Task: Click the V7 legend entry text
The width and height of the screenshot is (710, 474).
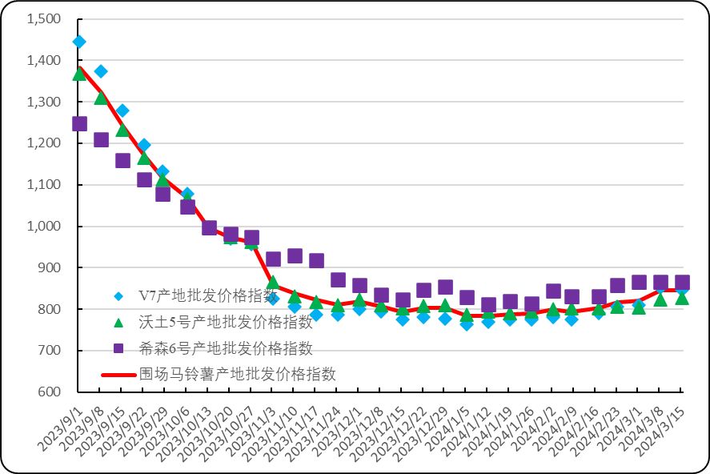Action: click(207, 295)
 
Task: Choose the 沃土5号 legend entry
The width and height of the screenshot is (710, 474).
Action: click(225, 322)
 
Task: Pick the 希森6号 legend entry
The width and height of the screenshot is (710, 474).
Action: click(225, 347)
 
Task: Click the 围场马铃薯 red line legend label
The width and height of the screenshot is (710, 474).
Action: click(237, 374)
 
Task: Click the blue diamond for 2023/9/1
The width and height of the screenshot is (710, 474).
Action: click(79, 42)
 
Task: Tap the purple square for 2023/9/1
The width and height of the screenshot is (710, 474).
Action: click(79, 123)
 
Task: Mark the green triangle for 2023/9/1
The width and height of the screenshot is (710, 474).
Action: click(79, 74)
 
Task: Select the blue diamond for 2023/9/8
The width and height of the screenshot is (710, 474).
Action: click(101, 71)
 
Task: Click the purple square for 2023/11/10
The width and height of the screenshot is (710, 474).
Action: click(295, 255)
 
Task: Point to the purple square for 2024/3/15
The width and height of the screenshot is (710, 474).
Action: click(682, 282)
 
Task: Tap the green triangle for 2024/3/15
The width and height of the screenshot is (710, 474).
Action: click(682, 298)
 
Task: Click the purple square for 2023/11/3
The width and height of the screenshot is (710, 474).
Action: click(273, 259)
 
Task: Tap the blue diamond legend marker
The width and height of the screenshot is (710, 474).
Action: click(118, 296)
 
